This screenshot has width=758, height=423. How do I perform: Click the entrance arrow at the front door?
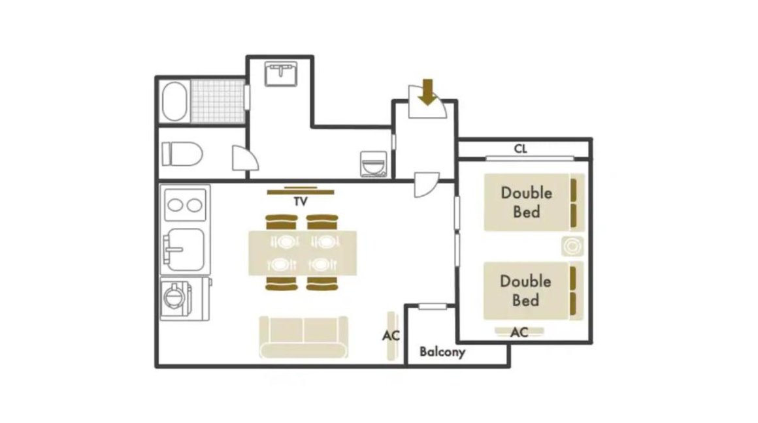(427, 92)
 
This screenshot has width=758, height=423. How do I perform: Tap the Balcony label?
(442, 352)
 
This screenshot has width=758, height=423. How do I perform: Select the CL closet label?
(520, 149)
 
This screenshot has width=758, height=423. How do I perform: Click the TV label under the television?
(301, 201)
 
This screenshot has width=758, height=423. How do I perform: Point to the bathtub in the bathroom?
(174, 101)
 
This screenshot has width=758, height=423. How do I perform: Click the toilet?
(182, 153)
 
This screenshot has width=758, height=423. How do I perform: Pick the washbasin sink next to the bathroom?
(281, 74)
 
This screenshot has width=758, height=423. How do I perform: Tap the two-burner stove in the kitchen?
(185, 205)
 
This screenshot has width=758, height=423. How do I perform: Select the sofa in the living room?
(304, 337)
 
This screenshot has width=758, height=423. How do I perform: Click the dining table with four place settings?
(303, 253)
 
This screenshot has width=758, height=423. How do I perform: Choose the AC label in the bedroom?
(519, 332)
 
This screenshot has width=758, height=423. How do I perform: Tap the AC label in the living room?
(391, 335)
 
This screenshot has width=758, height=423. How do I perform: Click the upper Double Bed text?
(527, 202)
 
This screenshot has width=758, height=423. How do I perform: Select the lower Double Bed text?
(525, 290)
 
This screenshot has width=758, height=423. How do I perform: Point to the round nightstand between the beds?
(572, 247)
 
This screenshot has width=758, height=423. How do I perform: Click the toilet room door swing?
(245, 158)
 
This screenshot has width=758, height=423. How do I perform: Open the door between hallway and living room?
(426, 185)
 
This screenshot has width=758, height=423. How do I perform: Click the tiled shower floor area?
(218, 101)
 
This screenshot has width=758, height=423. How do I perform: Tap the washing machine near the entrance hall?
(374, 164)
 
